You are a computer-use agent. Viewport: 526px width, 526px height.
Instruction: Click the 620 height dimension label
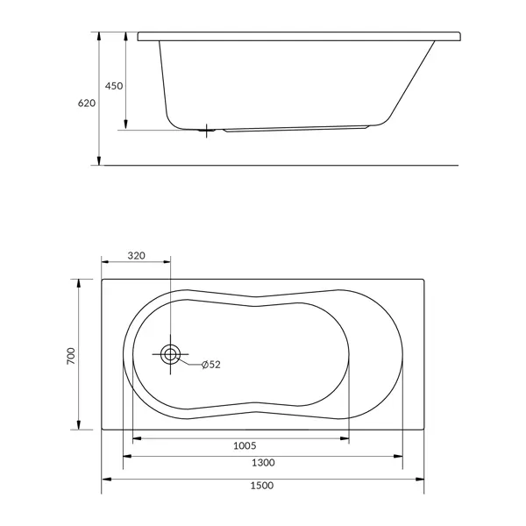pyautogui.click(x=87, y=103)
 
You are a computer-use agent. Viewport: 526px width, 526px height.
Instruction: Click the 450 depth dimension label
pyautogui.click(x=114, y=86)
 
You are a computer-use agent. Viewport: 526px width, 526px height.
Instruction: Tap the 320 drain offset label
pyautogui.click(x=137, y=256)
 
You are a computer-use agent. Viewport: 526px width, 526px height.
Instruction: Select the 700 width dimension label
pyautogui.click(x=71, y=356)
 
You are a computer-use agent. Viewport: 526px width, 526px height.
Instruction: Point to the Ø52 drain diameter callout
pyautogui.click(x=211, y=365)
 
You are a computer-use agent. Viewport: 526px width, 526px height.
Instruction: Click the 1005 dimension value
pyautogui.click(x=245, y=446)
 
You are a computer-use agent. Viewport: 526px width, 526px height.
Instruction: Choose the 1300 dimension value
pyautogui.click(x=263, y=463)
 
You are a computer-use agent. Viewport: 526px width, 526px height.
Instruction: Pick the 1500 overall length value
pyautogui.click(x=262, y=486)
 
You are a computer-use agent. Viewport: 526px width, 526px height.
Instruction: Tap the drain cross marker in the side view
pyautogui.click(x=207, y=131)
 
